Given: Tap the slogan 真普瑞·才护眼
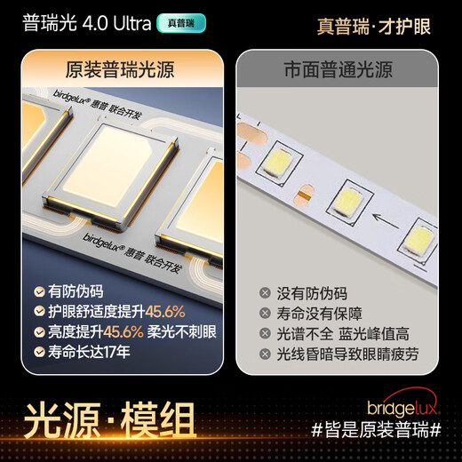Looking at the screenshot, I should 373,26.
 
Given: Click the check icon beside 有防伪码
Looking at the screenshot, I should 39,291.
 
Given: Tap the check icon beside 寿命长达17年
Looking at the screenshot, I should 39,351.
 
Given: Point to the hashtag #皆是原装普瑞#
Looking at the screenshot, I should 377,430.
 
